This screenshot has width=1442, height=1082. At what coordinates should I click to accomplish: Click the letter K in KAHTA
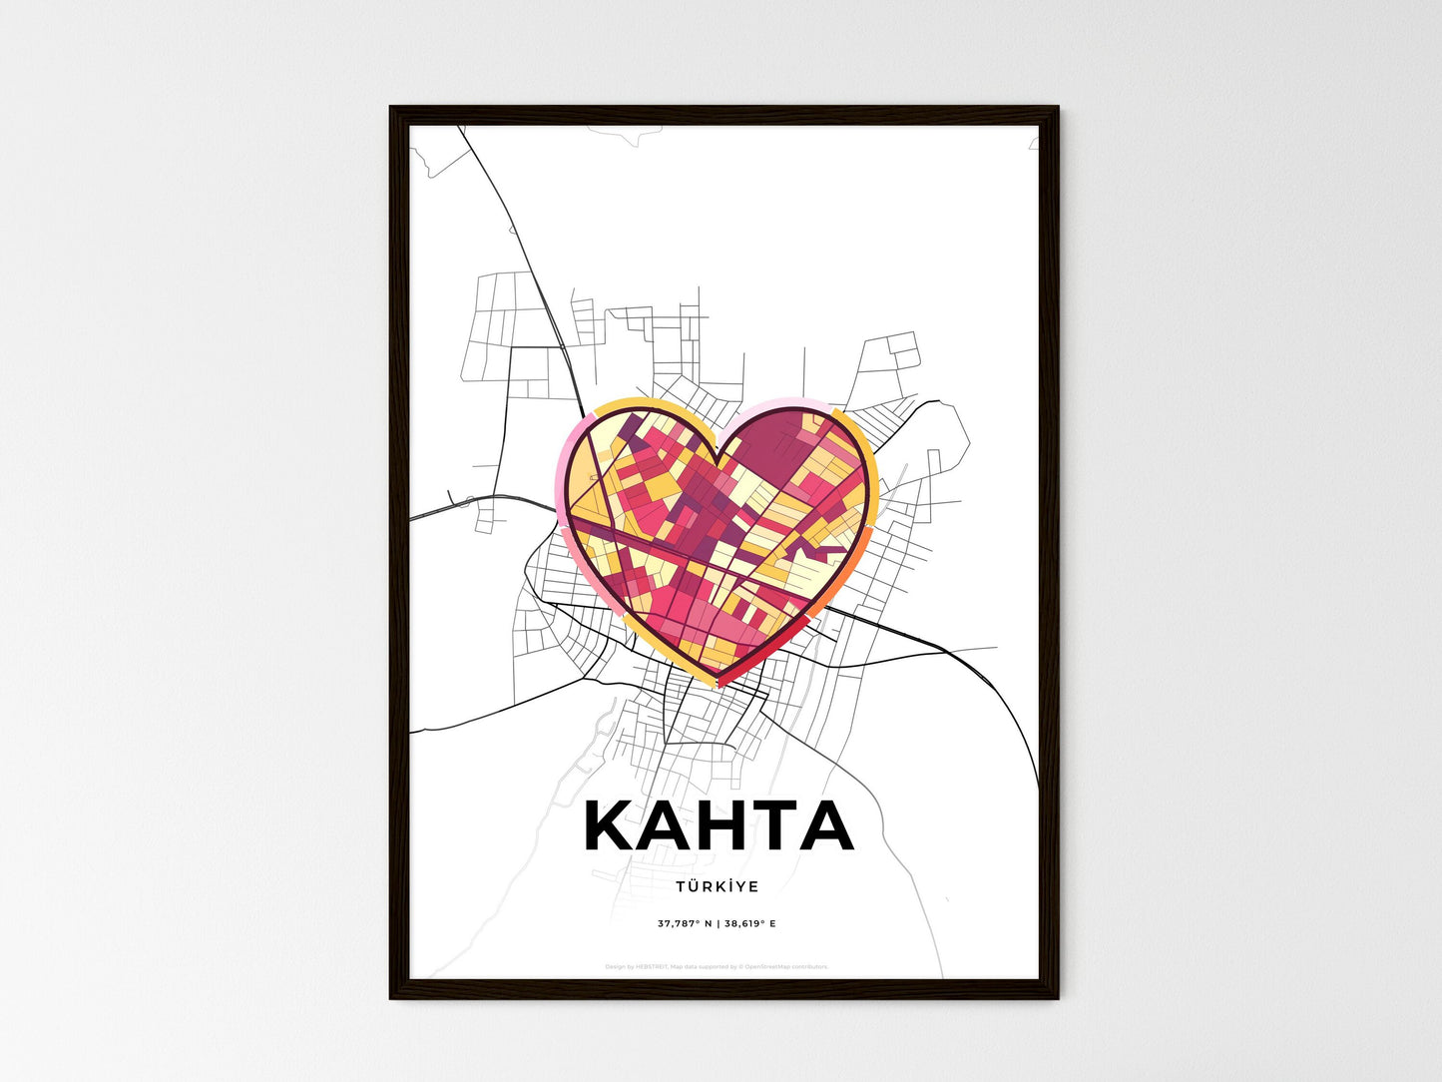[611, 826]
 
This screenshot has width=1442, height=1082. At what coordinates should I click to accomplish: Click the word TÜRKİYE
[717, 886]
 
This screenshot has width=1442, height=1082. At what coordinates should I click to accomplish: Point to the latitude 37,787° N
[685, 923]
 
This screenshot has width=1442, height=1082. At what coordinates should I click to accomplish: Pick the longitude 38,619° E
[749, 923]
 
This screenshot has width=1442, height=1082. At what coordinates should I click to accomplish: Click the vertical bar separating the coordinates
[718, 923]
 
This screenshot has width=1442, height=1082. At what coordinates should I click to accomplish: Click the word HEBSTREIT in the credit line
[652, 966]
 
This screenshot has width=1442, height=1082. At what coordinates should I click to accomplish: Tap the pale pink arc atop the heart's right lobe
[788, 403]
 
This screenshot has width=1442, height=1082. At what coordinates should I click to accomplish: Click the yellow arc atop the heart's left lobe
[639, 404]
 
